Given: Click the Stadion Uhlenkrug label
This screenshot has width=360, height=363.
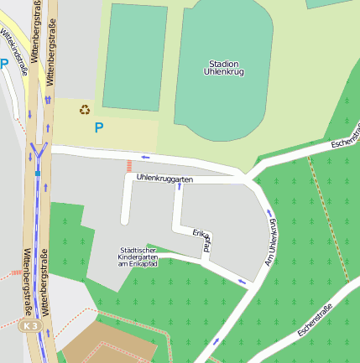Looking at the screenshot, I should pyautogui.click(x=222, y=68).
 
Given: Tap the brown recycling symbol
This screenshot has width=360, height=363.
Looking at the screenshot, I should pyautogui.click(x=85, y=109).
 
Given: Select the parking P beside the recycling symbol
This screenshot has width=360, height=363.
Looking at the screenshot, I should pyautogui.click(x=98, y=128).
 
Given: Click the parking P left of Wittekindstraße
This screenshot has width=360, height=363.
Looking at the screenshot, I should pyautogui.click(x=5, y=63).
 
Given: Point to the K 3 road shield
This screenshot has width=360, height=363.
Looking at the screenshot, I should pyautogui.click(x=31, y=325).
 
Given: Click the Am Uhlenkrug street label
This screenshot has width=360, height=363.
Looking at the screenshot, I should pyautogui.click(x=271, y=242).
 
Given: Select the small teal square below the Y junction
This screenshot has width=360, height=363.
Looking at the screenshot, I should pyautogui.click(x=38, y=174).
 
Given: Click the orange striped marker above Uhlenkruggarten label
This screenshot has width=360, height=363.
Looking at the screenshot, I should pyautogui.click(x=128, y=166).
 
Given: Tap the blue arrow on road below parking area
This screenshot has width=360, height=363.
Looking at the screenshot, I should pyautogui.click(x=146, y=157).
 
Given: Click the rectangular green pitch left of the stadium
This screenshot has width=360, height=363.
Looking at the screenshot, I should pyautogui.click(x=134, y=55).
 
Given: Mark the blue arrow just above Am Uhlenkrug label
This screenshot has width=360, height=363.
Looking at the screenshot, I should pyautogui.click(x=269, y=212).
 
